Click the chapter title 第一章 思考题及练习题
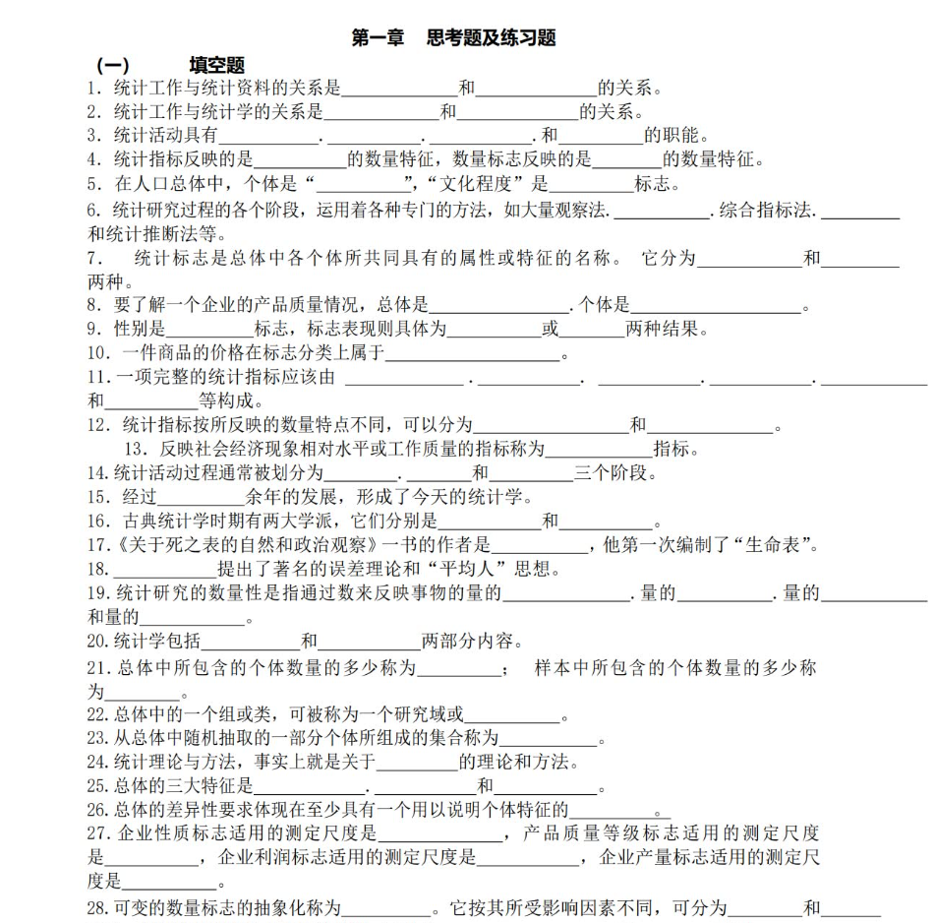coord(454,38)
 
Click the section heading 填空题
coord(216,66)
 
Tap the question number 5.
coord(93,183)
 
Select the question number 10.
coord(97,352)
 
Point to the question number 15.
coord(97,497)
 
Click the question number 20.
coord(96,642)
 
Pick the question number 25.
coord(96,786)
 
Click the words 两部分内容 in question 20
coord(468,642)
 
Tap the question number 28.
coord(96,907)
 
